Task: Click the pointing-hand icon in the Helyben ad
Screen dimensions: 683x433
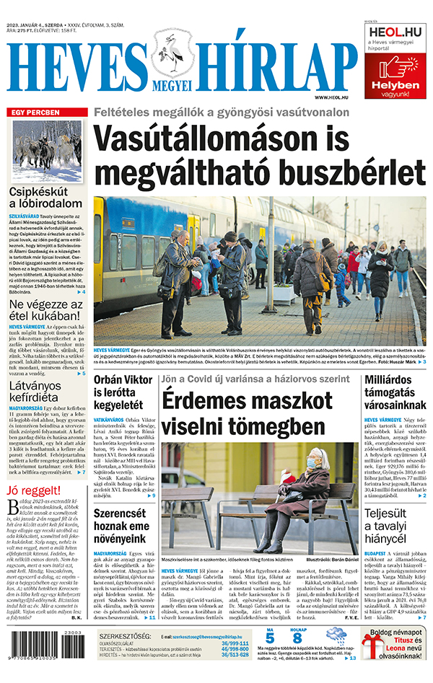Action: [395, 66]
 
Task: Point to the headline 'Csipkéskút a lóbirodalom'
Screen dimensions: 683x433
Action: [48, 200]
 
